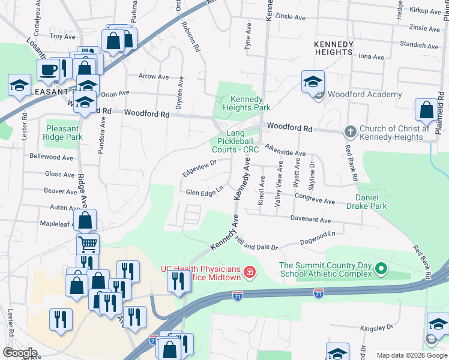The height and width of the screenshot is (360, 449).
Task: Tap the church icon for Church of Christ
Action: [x=350, y=131]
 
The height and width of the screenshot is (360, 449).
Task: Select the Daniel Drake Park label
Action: [x=371, y=201]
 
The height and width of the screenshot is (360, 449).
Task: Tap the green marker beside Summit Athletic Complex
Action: [x=381, y=270]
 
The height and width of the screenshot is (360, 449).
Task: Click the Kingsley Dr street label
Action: [x=376, y=328]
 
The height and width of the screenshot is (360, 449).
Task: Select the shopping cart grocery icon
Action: [x=88, y=244]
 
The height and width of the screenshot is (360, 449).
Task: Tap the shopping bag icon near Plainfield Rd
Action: [x=426, y=110]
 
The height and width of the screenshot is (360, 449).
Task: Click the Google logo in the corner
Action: [x=20, y=353]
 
